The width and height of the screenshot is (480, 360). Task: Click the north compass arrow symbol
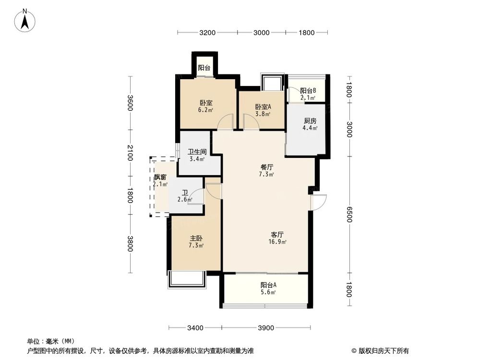[x=26, y=21]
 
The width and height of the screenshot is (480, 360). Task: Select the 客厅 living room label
[x=277, y=235]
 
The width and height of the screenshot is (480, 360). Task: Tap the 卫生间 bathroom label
[x=197, y=152]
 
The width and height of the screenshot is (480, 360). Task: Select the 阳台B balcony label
[x=308, y=91]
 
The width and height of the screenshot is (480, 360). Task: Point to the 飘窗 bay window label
[x=160, y=177]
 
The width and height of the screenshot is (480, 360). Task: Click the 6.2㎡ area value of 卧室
[x=206, y=110]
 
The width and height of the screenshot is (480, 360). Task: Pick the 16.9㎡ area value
[x=278, y=242]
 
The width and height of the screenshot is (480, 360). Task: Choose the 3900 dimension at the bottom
[x=265, y=328]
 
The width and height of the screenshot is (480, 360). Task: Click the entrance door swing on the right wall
[x=319, y=202]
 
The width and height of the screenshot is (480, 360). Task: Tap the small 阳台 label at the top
[x=204, y=68]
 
